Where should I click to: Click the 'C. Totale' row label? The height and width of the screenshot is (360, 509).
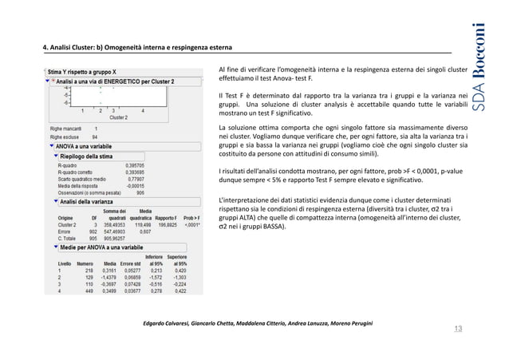[x=64, y=237]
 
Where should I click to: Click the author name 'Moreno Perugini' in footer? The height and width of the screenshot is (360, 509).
[x=346, y=321]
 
